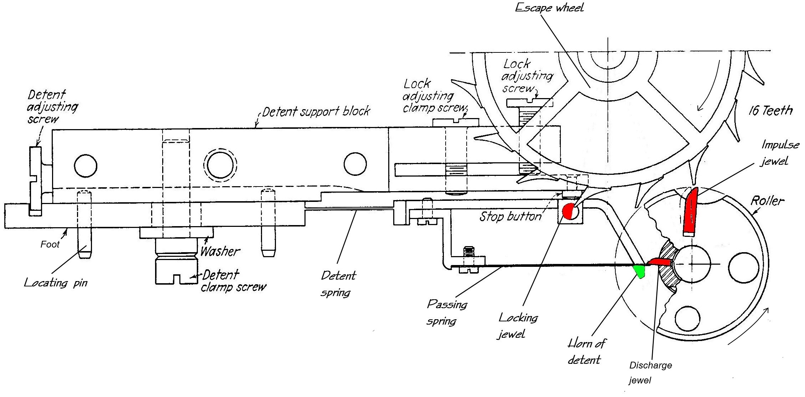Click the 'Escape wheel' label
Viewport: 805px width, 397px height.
coord(549,7)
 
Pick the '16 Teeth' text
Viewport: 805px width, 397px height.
coord(770,111)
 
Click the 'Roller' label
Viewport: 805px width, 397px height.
coord(767,201)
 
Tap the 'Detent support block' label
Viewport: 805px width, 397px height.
coord(316,112)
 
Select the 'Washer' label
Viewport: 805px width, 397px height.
coord(220,251)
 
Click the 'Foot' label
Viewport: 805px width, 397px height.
coord(50,244)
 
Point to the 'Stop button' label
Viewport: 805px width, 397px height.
coord(511,216)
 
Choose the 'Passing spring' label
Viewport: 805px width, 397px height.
coord(446,312)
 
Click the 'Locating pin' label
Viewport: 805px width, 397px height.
coord(56,283)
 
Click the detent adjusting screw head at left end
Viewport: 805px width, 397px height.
coord(35,181)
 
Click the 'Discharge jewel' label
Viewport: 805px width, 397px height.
coord(650,373)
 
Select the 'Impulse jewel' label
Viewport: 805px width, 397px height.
coord(780,153)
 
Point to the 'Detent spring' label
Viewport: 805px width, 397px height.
coord(338,284)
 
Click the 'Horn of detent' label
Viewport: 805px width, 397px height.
coord(586,351)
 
